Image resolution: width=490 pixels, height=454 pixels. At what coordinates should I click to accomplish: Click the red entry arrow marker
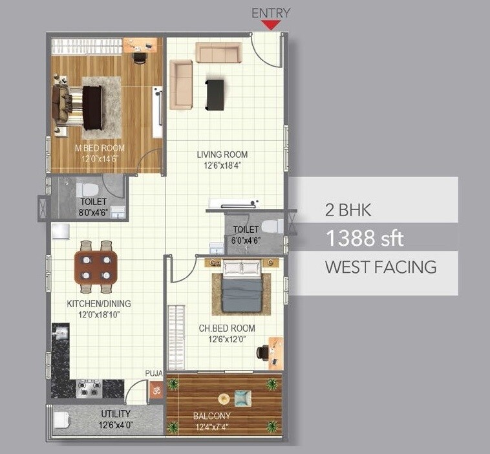[271, 25]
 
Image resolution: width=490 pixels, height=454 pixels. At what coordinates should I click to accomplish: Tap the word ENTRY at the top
[271, 12]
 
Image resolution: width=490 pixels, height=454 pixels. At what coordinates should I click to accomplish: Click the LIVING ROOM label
[222, 155]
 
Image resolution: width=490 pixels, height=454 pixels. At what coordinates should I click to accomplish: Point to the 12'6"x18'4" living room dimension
[222, 165]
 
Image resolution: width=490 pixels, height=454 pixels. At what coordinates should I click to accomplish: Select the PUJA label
[153, 374]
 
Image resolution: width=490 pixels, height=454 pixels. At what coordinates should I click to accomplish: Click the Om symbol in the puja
[155, 390]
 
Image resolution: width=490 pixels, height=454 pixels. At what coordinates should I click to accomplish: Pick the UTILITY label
[116, 414]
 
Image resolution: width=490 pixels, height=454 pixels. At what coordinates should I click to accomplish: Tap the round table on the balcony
[224, 398]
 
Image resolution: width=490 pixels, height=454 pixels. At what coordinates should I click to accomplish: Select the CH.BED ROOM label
[226, 328]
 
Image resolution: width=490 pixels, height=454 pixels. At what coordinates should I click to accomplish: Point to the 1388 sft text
[365, 239]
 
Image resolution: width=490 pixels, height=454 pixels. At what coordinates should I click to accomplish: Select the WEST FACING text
[380, 267]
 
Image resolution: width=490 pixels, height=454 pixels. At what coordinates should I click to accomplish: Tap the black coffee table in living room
[215, 94]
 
